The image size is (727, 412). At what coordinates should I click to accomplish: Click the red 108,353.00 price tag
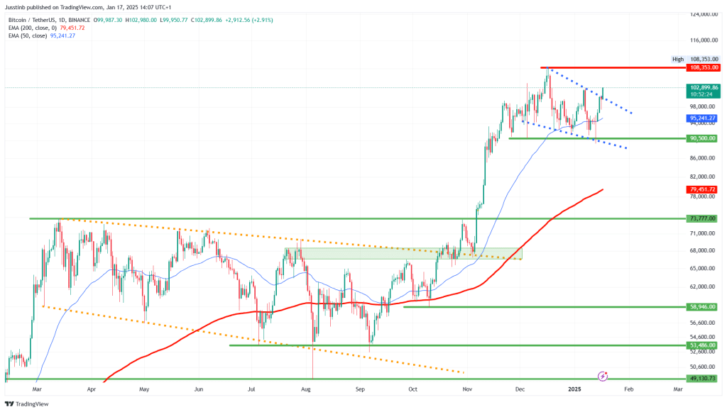point(703,67)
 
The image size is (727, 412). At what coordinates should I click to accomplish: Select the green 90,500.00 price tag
point(703,138)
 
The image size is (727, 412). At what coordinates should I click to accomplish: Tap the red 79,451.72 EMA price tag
point(703,189)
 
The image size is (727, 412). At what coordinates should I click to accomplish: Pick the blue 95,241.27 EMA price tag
point(703,118)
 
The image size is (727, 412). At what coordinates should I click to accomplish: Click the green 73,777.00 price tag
point(703,218)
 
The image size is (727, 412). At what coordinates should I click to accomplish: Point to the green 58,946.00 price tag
point(703,306)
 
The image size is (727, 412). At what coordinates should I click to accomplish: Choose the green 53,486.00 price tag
point(703,345)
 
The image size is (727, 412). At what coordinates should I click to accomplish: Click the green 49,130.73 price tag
point(703,379)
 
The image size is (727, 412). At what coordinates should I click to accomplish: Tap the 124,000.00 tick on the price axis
point(703,14)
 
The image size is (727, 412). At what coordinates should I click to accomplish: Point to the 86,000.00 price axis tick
point(703,158)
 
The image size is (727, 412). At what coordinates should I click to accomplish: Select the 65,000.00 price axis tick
point(703,268)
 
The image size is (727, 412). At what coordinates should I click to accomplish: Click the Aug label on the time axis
point(306,389)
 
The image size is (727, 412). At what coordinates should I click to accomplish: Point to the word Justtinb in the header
point(16,6)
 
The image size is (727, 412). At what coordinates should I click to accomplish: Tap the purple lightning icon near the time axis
point(603,375)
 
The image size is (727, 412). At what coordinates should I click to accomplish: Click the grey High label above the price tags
point(678,60)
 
